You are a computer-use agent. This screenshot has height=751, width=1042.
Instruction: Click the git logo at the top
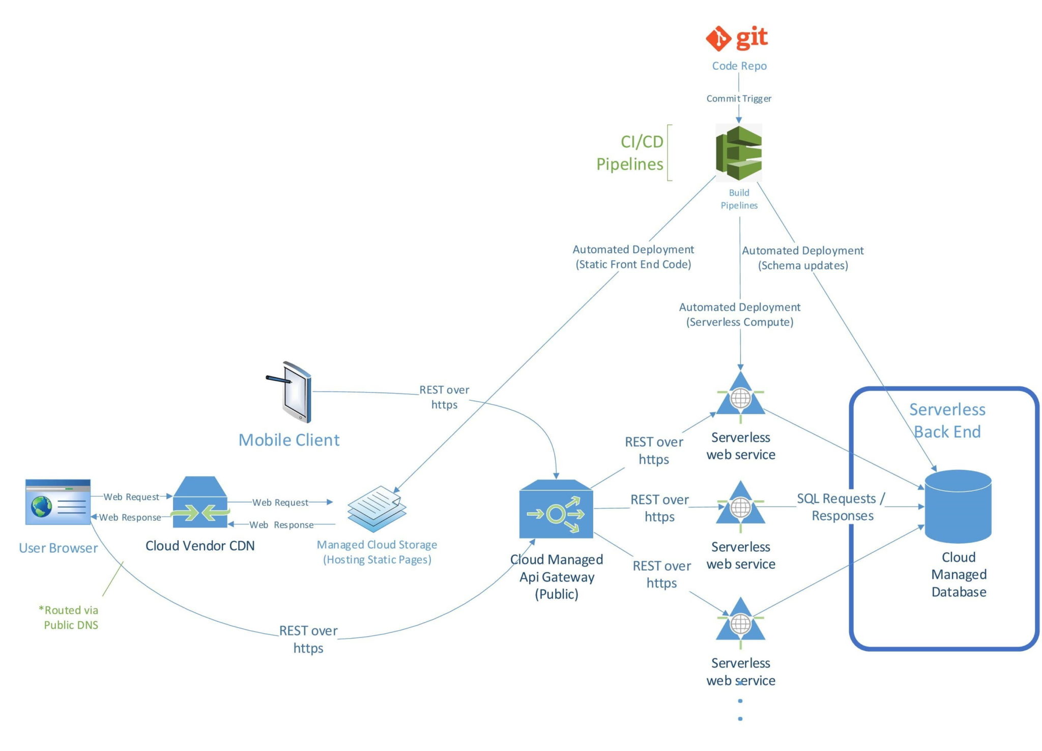(736, 38)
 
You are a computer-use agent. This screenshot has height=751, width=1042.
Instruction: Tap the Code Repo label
(739, 66)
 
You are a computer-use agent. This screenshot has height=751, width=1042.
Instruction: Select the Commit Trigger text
(738, 98)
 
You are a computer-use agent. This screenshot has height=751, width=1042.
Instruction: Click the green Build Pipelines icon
(738, 153)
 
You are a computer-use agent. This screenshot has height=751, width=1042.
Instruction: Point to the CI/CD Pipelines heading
(630, 153)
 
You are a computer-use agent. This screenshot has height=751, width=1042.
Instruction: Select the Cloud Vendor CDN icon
(199, 503)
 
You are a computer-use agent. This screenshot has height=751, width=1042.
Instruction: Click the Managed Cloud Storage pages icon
(377, 509)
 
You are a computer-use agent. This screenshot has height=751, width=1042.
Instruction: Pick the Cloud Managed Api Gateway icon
(556, 509)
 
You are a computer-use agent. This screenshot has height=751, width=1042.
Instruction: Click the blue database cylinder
(958, 506)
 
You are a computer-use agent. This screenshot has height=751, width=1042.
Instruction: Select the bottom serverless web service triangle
(740, 622)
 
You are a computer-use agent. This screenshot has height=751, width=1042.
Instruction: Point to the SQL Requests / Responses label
(842, 507)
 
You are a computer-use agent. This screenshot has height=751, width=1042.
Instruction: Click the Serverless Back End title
(947, 420)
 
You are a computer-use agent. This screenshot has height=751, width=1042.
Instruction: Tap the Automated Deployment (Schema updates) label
(802, 258)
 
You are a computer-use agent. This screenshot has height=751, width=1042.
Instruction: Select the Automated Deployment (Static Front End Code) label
(633, 257)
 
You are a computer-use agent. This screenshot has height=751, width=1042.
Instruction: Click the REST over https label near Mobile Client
(444, 397)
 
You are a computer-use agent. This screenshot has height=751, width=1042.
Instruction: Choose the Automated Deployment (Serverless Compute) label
(739, 314)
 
